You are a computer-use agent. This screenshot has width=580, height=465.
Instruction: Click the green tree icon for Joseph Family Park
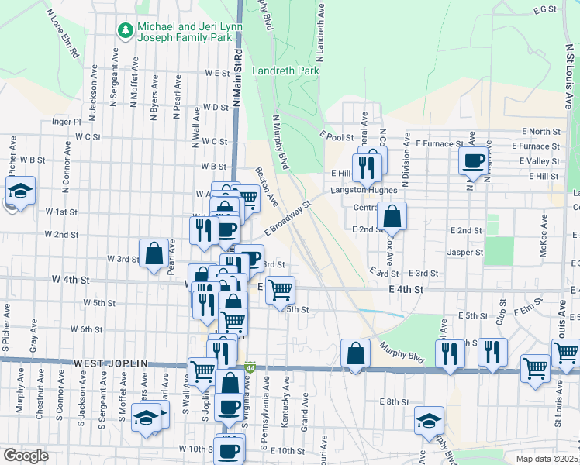coord(125,30)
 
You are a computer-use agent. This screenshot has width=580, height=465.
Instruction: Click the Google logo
coord(26,456)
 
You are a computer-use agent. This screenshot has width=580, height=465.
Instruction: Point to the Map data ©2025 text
coord(547,459)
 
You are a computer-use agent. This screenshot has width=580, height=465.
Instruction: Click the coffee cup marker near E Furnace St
coord(473,161)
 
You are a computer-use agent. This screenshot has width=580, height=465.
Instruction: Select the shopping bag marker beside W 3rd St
coord(154,253)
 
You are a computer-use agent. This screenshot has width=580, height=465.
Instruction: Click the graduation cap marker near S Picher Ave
coord(20,191)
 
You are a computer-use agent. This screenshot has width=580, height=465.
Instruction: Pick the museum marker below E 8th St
coord(429,420)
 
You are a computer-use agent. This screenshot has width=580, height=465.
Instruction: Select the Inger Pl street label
coord(66,122)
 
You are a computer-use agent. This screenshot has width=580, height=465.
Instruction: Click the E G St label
coord(545,9)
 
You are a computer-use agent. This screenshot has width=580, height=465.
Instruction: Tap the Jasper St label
coord(465,252)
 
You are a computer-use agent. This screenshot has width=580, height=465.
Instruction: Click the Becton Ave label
coord(266,187)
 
